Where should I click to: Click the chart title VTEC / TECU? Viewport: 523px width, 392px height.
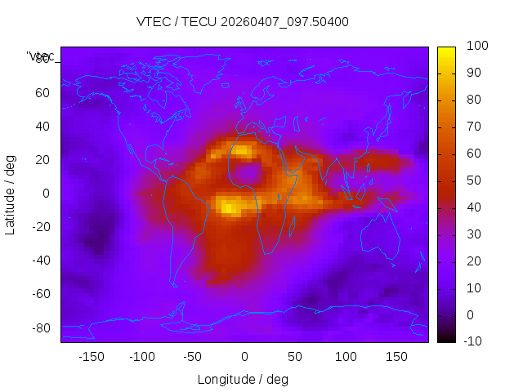[243, 22]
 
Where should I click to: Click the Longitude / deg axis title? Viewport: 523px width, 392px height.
[243, 379]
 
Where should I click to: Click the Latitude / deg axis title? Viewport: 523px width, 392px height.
[11, 194]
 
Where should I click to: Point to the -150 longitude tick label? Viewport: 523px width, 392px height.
[91, 357]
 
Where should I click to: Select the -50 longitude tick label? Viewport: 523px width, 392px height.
[193, 357]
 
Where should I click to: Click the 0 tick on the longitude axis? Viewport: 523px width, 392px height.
[244, 357]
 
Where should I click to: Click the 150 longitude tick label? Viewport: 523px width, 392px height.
[396, 357]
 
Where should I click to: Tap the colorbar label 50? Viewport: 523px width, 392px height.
[473, 180]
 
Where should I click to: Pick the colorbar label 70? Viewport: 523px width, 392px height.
[473, 127]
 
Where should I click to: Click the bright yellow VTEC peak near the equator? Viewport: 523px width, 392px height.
[230, 207]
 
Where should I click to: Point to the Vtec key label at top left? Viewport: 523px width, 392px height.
[41, 56]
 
